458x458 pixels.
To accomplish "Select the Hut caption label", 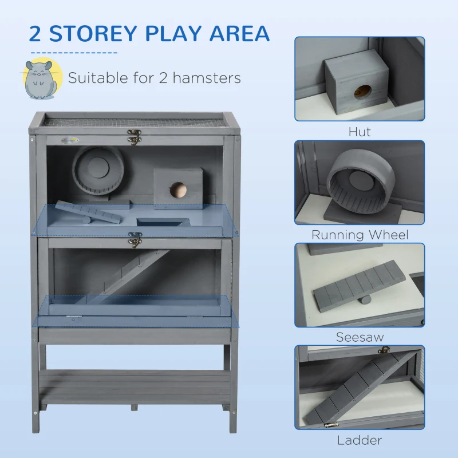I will [360, 132].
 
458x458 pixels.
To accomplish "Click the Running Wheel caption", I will [360, 235].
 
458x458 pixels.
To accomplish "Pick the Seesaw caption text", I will [360, 337].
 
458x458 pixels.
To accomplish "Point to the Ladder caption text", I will [360, 440].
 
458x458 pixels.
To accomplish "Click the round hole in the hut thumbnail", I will [362, 91].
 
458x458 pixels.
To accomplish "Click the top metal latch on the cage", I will [135, 137].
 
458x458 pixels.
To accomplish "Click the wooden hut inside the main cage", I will [178, 187].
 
